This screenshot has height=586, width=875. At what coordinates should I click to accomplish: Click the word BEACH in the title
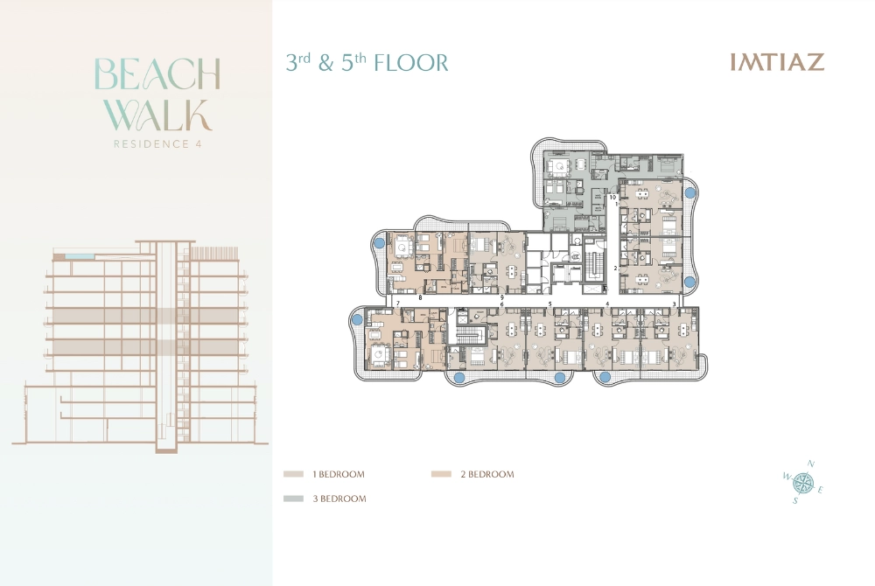(x=157, y=75)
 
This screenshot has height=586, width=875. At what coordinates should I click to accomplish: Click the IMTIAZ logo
(x=777, y=63)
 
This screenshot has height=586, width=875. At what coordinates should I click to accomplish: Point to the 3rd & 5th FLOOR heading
(x=367, y=63)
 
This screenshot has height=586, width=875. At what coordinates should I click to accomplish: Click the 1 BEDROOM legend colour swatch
(x=293, y=474)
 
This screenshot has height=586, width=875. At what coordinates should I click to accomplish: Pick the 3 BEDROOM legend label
(x=339, y=499)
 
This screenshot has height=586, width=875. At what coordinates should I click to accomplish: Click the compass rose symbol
(x=803, y=482)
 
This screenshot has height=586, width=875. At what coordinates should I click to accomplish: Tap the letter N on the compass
(x=811, y=464)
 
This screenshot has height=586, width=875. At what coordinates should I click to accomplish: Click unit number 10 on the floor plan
(x=613, y=199)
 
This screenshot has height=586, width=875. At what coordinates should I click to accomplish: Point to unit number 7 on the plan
(x=398, y=303)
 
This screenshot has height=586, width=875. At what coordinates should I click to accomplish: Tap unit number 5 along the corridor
(x=549, y=303)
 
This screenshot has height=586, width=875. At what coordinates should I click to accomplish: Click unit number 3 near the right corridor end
(x=674, y=303)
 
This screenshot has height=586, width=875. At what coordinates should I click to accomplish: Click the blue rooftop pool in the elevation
(x=73, y=255)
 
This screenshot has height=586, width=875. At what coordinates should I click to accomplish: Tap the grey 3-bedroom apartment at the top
(x=569, y=188)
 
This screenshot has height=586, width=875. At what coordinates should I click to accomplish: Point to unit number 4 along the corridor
(x=607, y=303)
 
